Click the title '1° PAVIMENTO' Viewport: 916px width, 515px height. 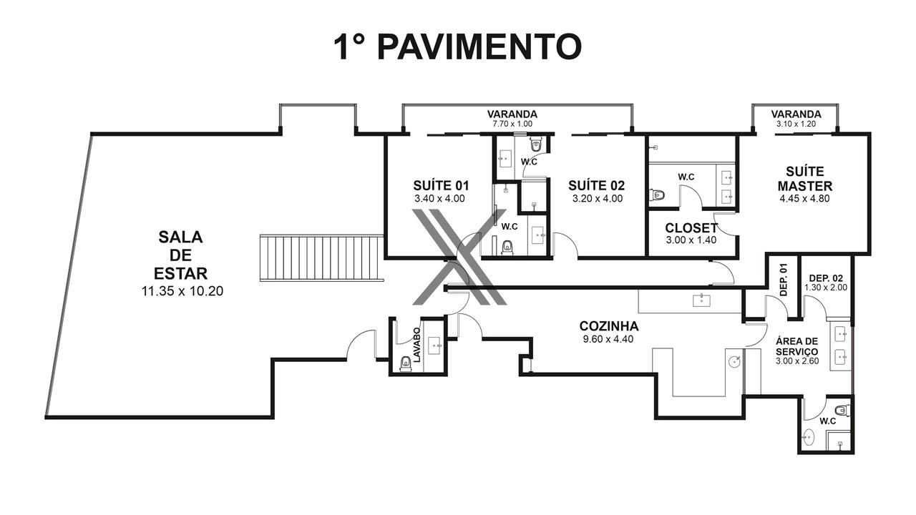pyautogui.click(x=458, y=47)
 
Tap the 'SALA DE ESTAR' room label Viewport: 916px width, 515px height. pyautogui.click(x=180, y=255)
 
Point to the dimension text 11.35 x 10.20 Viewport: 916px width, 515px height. pyautogui.click(x=182, y=291)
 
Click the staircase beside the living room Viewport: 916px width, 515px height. pyautogui.click(x=321, y=257)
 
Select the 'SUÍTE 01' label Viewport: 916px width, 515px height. pyautogui.click(x=441, y=185)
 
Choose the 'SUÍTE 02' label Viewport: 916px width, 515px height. pyautogui.click(x=597, y=185)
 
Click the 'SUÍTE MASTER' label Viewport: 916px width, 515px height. pyautogui.click(x=805, y=179)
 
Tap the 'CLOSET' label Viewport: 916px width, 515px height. pyautogui.click(x=691, y=227)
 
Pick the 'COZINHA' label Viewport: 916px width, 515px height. pyautogui.click(x=609, y=326)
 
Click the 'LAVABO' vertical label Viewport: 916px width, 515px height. pyautogui.click(x=416, y=345)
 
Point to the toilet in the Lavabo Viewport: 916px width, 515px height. pyautogui.click(x=405, y=363)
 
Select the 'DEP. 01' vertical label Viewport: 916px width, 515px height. pyautogui.click(x=784, y=280)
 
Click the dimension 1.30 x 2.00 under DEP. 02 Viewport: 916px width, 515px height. pyautogui.click(x=826, y=288)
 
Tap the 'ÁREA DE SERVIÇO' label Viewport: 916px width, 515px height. pyautogui.click(x=797, y=346)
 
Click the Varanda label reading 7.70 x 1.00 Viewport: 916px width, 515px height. pyautogui.click(x=512, y=124)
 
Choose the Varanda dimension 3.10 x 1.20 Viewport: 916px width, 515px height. pyautogui.click(x=796, y=124)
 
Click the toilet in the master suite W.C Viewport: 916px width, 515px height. pyautogui.click(x=657, y=195)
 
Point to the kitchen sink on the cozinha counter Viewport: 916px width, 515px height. pyautogui.click(x=702, y=300)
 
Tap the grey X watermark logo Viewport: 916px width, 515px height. pyautogui.click(x=459, y=257)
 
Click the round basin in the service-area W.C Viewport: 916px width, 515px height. pyautogui.click(x=808, y=438)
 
